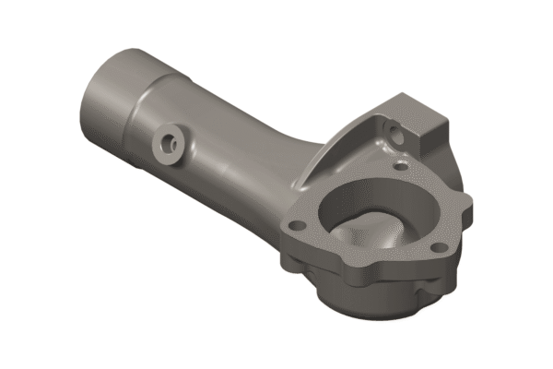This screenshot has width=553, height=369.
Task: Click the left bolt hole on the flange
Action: (297, 224)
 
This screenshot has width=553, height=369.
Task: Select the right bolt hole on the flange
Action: (437, 246)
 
